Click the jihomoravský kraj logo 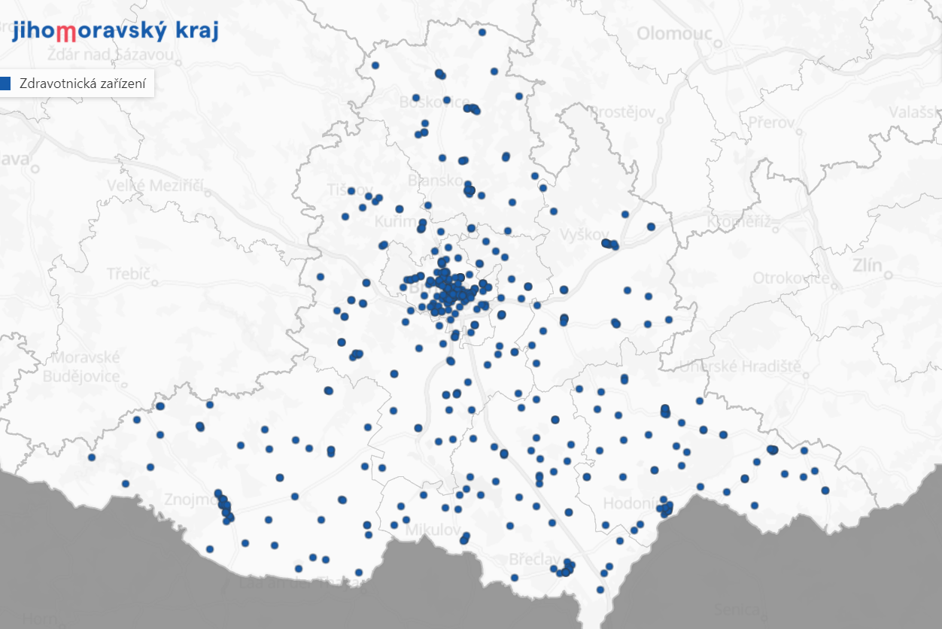(x=115, y=31)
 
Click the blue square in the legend (x=6, y=84)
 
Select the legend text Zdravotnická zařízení (x=83, y=84)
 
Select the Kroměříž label (x=740, y=222)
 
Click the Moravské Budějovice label (x=82, y=366)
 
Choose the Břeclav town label (x=535, y=560)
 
